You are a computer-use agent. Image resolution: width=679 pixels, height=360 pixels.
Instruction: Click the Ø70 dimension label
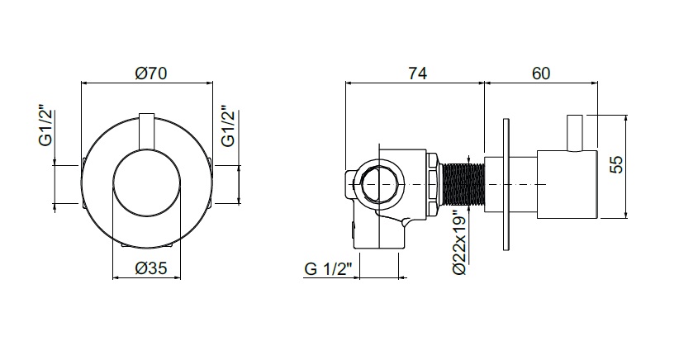tap(150, 73)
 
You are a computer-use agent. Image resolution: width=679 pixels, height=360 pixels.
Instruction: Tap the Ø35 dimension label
tap(150, 268)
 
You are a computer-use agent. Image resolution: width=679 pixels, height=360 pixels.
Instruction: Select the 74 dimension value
tap(418, 73)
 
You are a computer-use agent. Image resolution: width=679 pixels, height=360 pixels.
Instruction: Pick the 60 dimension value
tap(541, 73)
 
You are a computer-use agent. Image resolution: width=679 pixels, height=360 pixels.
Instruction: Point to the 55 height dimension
tap(618, 164)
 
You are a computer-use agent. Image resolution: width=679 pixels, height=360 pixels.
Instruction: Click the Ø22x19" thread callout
tap(460, 242)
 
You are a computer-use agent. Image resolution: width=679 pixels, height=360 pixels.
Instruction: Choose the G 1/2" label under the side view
tap(326, 268)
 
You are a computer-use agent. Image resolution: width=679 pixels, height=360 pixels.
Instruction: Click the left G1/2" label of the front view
tap(47, 126)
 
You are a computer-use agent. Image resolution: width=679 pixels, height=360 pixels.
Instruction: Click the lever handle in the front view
tap(147, 132)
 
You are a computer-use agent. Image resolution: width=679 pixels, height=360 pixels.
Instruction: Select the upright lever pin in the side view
tap(576, 133)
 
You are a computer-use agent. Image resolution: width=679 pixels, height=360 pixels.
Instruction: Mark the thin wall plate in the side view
tap(506, 184)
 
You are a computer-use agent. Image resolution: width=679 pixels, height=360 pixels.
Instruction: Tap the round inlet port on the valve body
tap(378, 184)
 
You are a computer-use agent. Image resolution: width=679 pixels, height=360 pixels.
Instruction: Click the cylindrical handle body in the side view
tap(567, 184)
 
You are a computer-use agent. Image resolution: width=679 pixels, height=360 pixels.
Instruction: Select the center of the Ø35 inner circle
tap(146, 184)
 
